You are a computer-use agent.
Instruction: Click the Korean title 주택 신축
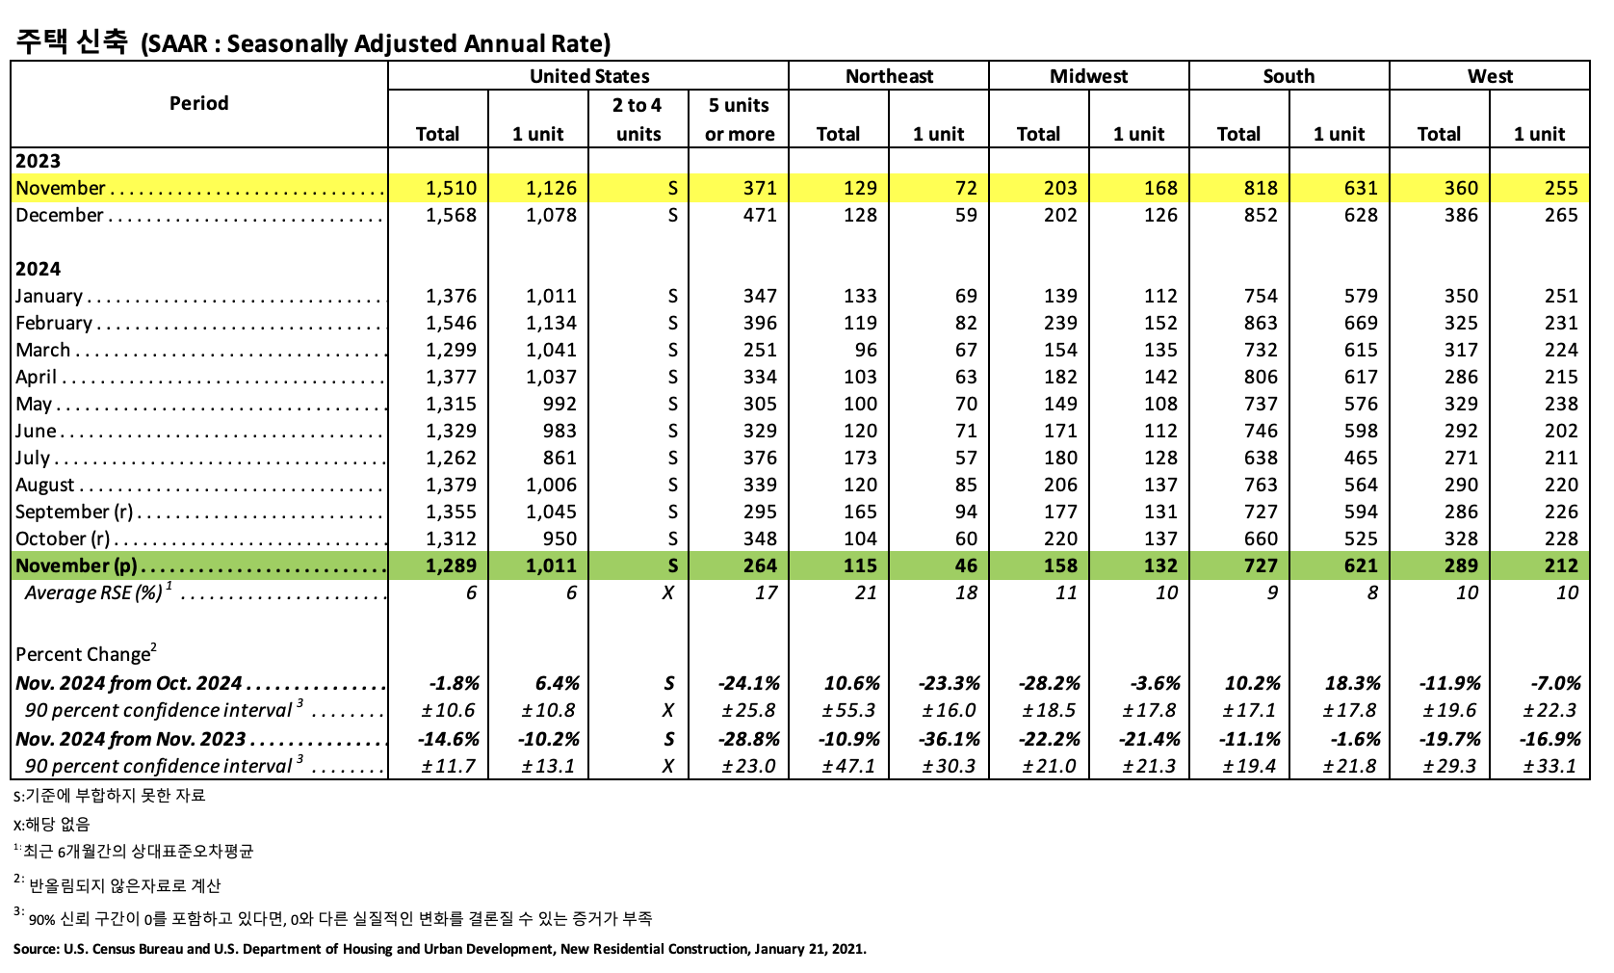tap(72, 42)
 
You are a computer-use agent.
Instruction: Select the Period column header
tap(198, 103)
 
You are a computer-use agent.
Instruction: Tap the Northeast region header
tap(888, 76)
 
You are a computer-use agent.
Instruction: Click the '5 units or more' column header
tap(739, 119)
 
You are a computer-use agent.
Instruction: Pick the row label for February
tap(54, 323)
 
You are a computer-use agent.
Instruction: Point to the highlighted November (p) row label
tap(77, 565)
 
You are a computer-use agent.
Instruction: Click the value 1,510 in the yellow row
tap(451, 188)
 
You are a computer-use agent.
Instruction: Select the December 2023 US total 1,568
tap(451, 215)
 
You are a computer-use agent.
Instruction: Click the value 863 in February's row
tap(1260, 323)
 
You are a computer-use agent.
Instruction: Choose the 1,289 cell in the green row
tap(451, 565)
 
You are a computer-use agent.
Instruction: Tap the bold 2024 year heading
tap(38, 269)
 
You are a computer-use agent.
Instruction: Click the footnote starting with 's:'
tap(109, 796)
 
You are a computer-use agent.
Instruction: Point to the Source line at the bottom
tap(439, 949)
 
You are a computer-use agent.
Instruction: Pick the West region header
tap(1489, 76)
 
